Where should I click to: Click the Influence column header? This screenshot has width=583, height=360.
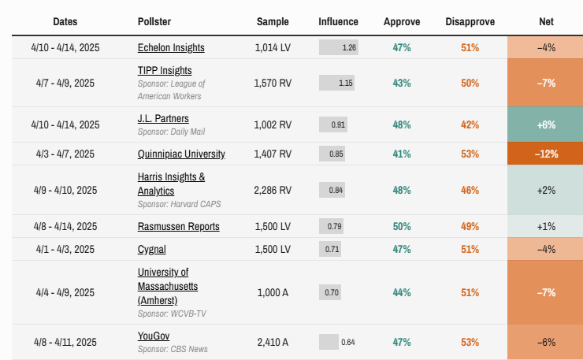338,21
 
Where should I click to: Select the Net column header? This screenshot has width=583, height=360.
546,21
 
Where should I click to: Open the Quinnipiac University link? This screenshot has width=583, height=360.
181,154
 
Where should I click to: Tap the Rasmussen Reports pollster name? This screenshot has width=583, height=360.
178,226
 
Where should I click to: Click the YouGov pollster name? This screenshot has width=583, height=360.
154,336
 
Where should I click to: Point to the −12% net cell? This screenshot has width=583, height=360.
546,154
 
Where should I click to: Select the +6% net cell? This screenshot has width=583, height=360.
546,124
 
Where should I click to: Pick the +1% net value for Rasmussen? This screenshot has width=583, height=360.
546,226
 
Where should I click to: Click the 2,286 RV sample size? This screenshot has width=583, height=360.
273,190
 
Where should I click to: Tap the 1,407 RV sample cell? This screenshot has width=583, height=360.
273,154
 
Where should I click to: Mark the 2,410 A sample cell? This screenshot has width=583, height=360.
273,342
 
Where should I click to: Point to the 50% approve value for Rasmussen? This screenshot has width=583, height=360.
402,226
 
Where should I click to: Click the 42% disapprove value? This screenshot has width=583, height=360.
470,124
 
